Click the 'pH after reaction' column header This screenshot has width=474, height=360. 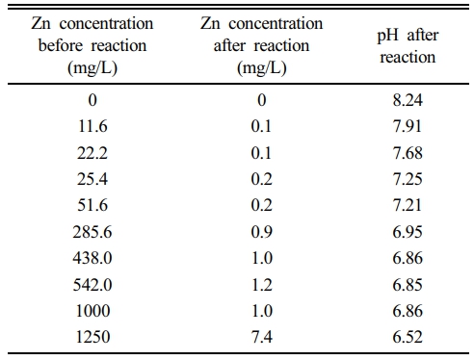coord(408,46)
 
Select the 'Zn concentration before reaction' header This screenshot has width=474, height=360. coord(92,45)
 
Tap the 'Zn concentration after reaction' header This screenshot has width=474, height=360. coord(262,45)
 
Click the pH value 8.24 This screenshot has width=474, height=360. coord(408,100)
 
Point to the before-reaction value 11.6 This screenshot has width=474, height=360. coord(92,126)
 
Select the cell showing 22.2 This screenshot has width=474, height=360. coord(92,153)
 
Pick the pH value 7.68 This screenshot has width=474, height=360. coord(408,153)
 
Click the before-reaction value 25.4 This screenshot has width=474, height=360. coord(92,179)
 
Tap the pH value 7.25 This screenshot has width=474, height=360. coord(408,179)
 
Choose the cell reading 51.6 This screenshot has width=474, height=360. coord(92,205)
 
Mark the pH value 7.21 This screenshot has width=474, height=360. coord(407,205)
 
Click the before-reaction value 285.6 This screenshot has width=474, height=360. coord(92,232)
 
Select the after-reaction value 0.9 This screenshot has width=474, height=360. coord(262,232)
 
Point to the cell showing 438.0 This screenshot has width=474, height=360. coord(92,258)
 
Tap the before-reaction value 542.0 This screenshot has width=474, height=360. coord(92,285)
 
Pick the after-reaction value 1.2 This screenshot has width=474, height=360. coord(262,285)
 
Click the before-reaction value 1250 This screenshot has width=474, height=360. coord(92,337)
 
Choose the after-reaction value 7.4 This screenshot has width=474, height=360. coord(262,337)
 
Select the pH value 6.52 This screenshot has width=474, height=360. coord(408,337)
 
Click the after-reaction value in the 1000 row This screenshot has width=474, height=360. coord(262,311)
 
